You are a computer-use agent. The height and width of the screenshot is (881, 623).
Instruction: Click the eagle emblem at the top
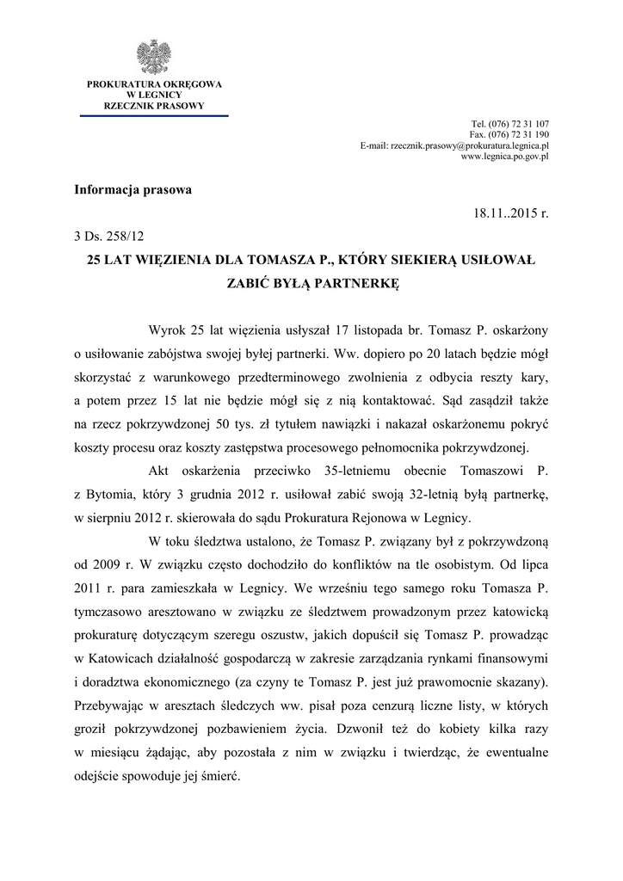[x=154, y=57]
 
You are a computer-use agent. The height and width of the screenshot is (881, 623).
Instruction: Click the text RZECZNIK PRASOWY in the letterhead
[x=154, y=106]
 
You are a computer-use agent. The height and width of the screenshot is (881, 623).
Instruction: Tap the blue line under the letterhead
[x=154, y=115]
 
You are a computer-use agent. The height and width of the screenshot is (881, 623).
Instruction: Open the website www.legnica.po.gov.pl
[x=505, y=157]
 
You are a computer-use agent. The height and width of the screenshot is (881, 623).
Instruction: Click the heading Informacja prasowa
[x=133, y=189]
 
